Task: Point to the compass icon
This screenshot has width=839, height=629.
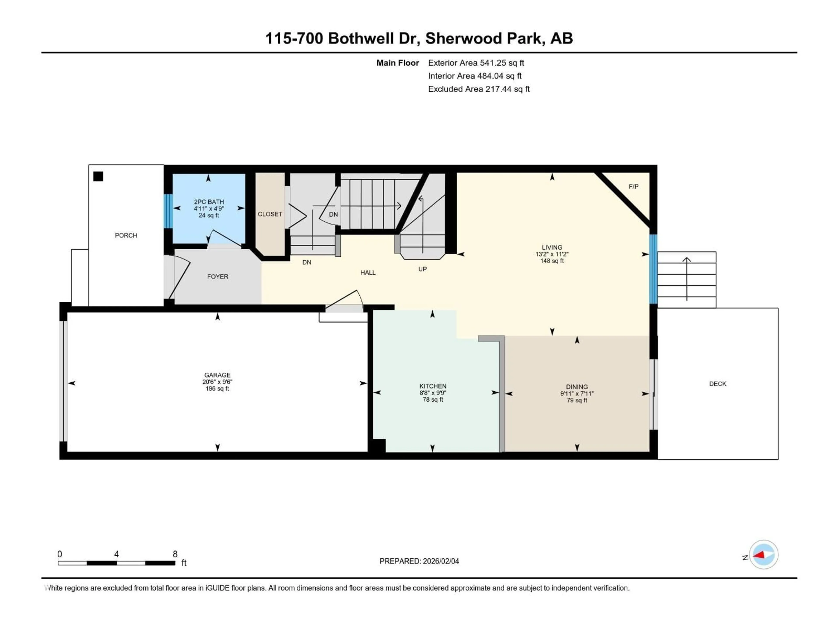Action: pyautogui.click(x=764, y=555)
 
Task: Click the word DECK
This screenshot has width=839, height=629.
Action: pyautogui.click(x=717, y=384)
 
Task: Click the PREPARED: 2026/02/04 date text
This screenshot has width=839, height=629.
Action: pyautogui.click(x=419, y=561)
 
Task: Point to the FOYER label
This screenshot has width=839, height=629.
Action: pyautogui.click(x=217, y=277)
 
